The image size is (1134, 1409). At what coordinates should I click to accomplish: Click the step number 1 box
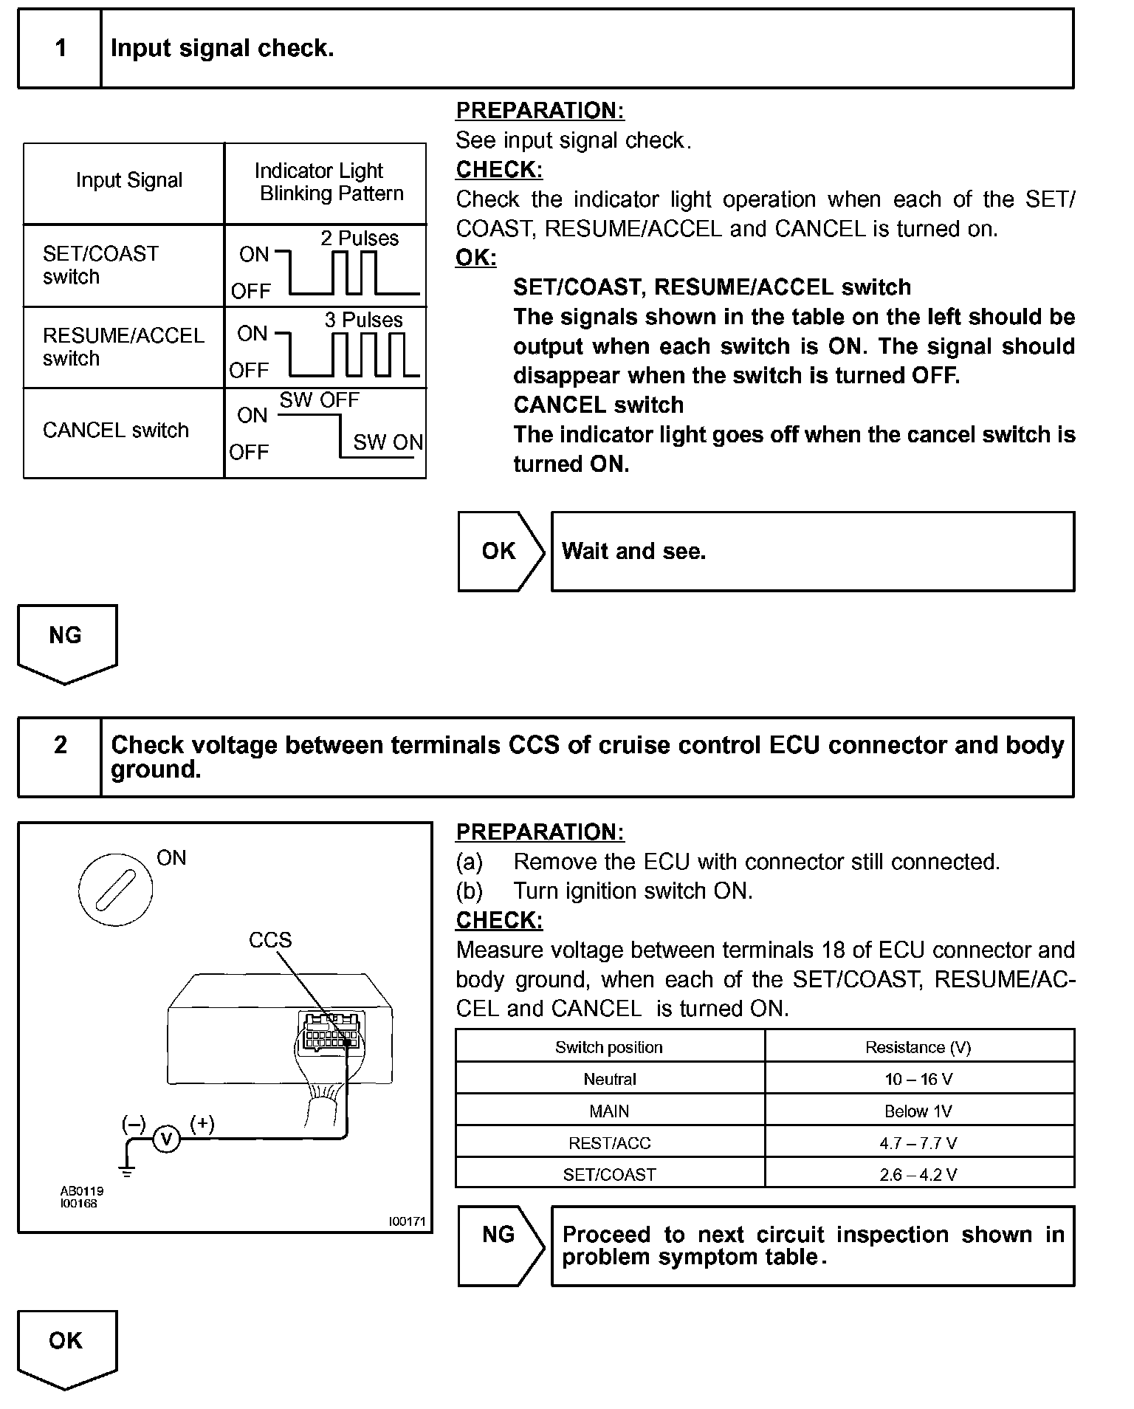click(60, 49)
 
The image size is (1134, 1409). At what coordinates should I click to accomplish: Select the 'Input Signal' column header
click(128, 181)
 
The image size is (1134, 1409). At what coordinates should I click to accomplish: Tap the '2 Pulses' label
click(360, 239)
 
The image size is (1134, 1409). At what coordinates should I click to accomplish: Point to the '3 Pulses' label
click(363, 320)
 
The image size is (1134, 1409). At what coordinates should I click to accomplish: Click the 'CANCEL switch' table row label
click(116, 431)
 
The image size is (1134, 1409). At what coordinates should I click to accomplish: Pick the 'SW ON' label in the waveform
click(388, 442)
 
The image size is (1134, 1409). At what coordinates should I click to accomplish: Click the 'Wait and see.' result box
click(812, 552)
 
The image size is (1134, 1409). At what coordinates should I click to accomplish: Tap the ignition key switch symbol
click(116, 887)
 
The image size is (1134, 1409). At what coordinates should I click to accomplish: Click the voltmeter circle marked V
click(167, 1139)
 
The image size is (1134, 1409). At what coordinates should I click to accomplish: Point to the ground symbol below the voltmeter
click(128, 1169)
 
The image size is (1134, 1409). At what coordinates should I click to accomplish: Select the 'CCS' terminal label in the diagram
click(270, 940)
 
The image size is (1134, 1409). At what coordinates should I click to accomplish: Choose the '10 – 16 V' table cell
click(918, 1079)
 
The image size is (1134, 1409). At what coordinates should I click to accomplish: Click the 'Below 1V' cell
click(918, 1111)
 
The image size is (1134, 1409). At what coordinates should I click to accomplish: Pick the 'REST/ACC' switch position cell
click(610, 1143)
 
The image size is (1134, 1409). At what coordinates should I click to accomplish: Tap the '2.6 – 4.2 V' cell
click(918, 1175)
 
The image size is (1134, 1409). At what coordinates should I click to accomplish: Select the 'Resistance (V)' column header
click(918, 1047)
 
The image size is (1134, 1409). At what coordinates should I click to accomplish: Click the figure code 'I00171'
click(408, 1221)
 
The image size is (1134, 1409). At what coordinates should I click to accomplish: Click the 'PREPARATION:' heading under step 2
click(540, 832)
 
